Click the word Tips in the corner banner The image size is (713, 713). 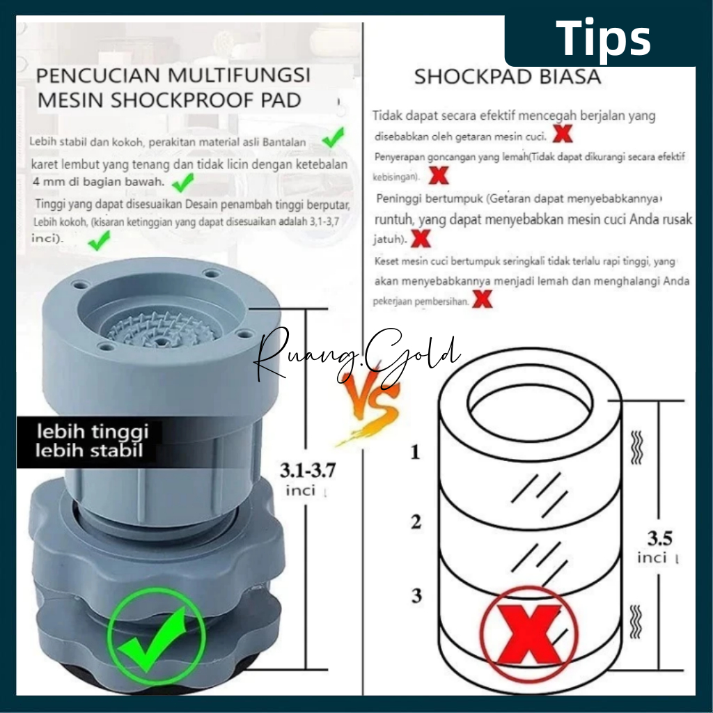pyautogui.click(x=603, y=38)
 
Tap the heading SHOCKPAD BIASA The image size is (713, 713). pyautogui.click(x=508, y=77)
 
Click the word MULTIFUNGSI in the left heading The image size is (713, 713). pyautogui.click(x=240, y=75)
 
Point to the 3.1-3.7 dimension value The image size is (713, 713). pyautogui.click(x=307, y=470)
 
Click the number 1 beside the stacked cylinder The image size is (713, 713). pyautogui.click(x=415, y=452)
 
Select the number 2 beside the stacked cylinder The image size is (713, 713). pyautogui.click(x=416, y=522)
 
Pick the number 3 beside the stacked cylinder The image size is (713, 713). pyautogui.click(x=416, y=595)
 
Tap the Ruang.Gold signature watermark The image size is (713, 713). pyautogui.click(x=357, y=359)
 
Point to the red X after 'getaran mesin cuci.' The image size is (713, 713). pyautogui.click(x=563, y=134)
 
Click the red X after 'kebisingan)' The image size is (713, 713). pyautogui.click(x=439, y=175)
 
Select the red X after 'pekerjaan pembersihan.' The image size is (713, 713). pyautogui.click(x=483, y=299)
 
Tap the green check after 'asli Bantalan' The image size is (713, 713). pyautogui.click(x=334, y=137)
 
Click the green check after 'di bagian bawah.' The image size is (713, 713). pyautogui.click(x=183, y=182)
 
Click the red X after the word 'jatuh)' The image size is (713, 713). pyautogui.click(x=421, y=238)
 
